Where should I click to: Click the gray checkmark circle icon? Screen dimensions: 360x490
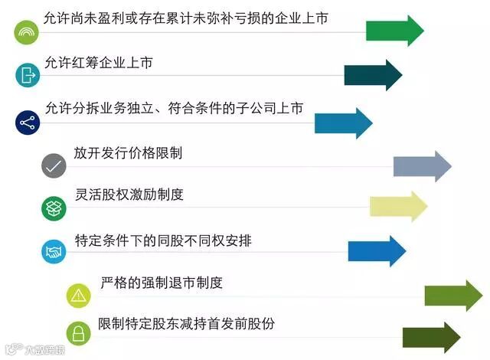click(54, 165)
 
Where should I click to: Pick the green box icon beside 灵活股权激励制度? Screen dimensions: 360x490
click(54, 208)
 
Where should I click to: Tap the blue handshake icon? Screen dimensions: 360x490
click(54, 250)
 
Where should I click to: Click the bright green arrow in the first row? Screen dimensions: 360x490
click(394, 31)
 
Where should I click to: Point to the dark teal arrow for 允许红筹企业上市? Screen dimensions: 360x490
click(373, 75)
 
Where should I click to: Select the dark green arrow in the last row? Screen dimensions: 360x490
click(431, 337)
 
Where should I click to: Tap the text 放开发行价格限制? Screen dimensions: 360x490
click(128, 153)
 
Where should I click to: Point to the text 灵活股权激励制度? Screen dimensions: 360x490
click(129, 195)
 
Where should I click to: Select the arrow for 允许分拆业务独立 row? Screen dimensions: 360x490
click(343, 123)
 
